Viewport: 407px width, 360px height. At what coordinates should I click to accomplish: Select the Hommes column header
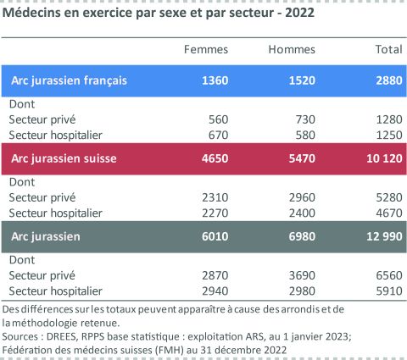tap(292, 50)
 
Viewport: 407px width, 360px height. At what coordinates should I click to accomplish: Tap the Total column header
tap(388, 50)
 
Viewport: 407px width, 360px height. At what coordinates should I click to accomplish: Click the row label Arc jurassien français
tap(69, 81)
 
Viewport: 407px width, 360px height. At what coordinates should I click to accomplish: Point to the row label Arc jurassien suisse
tap(64, 158)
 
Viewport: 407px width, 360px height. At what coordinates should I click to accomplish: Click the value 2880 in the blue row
tap(387, 81)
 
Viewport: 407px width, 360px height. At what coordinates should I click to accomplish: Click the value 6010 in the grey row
tap(215, 235)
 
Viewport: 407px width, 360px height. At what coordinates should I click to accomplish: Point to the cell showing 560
tap(220, 120)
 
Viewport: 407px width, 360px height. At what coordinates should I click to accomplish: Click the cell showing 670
tap(220, 135)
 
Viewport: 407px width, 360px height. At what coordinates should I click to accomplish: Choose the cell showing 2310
tap(216, 197)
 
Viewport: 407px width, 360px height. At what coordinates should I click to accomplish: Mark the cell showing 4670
tap(387, 212)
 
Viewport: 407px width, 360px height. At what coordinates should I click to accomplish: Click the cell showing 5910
tap(387, 290)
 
